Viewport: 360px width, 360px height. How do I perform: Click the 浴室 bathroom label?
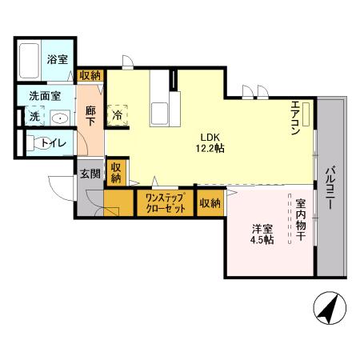56,59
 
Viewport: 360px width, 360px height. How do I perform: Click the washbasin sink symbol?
60,118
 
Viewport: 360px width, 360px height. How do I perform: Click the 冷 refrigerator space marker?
118,114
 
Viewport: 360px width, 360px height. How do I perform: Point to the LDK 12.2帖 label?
206,142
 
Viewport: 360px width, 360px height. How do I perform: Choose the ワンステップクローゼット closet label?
165,203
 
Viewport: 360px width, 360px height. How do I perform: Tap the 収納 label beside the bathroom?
90,74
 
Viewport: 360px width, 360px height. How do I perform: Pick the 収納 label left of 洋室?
210,203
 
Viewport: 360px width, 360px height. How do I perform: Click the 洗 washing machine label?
34,117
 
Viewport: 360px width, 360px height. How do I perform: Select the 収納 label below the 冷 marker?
117,172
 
